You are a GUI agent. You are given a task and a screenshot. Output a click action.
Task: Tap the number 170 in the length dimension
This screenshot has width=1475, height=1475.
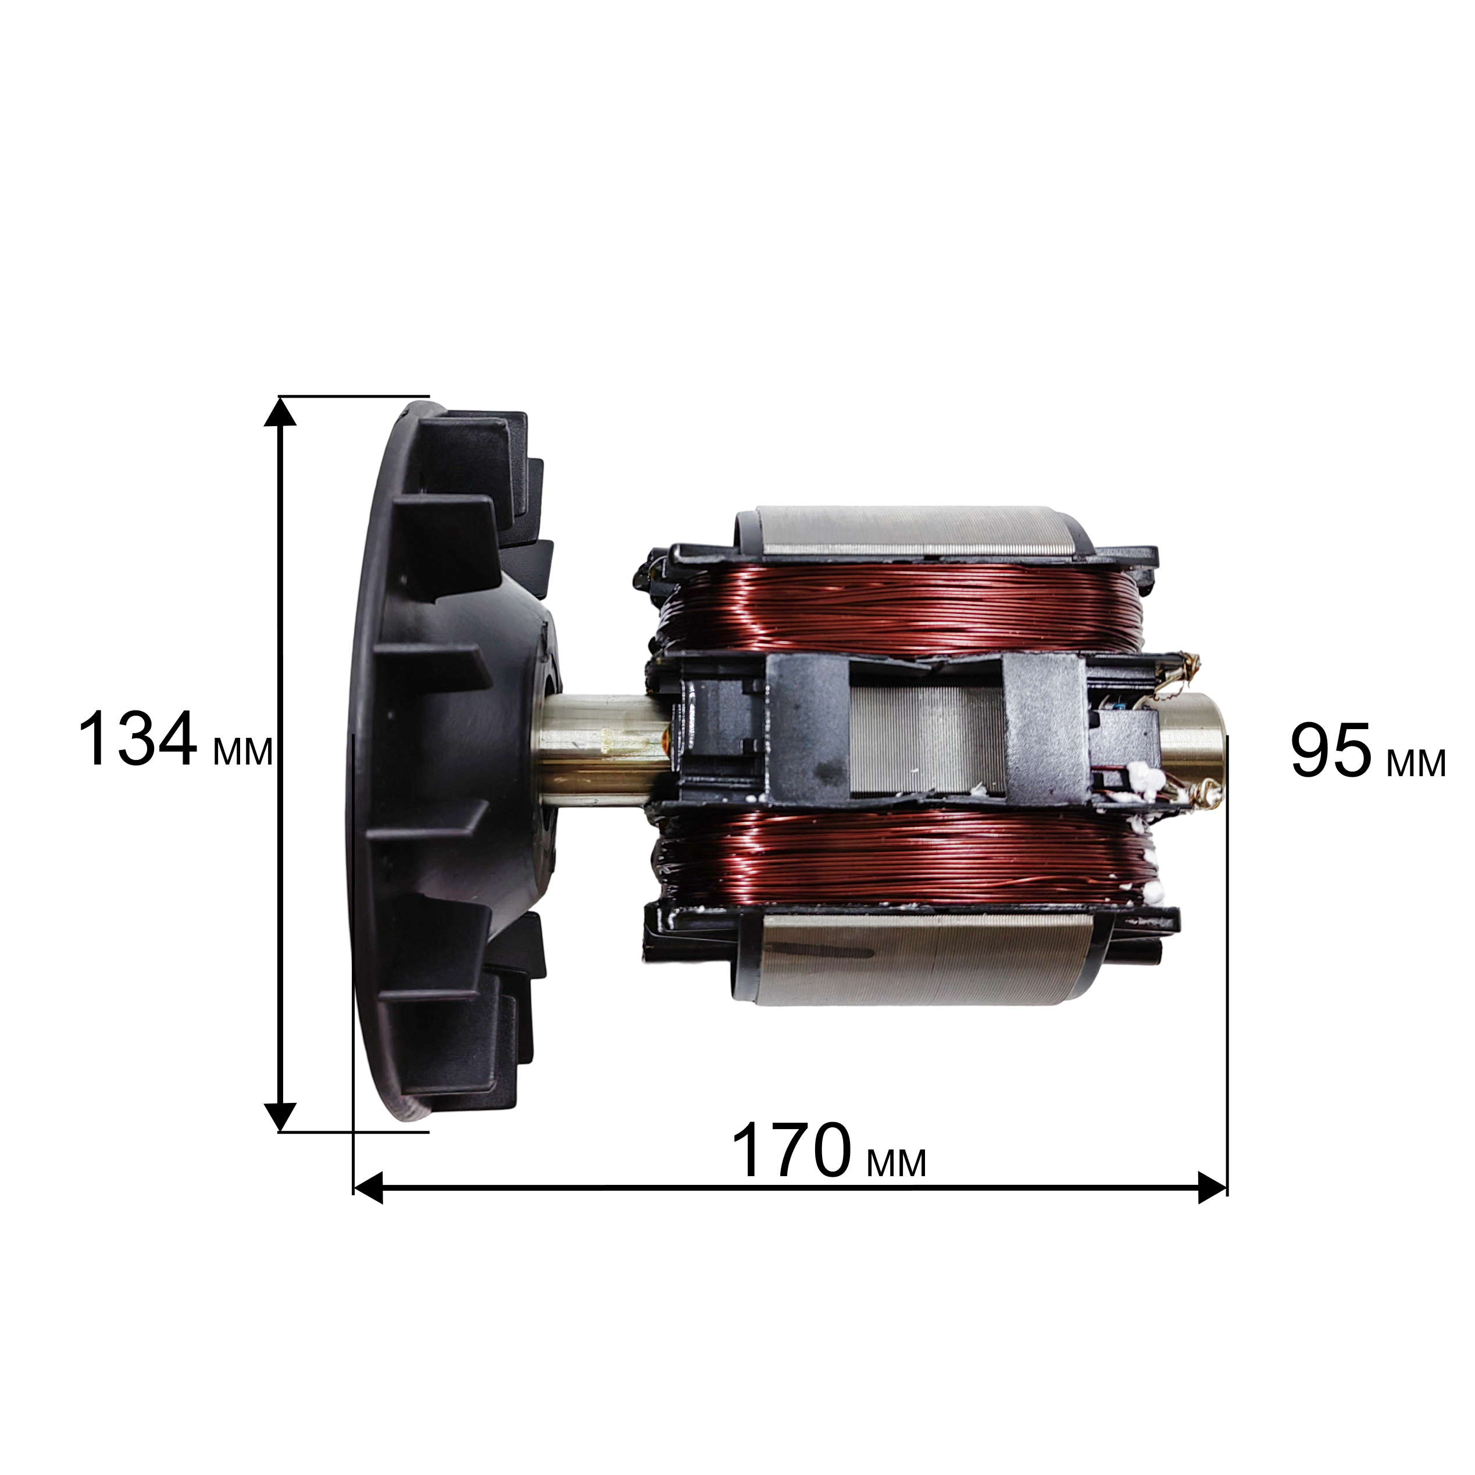[x=791, y=1151]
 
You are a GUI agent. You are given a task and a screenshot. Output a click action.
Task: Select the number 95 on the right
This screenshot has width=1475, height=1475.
[x=1331, y=751]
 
